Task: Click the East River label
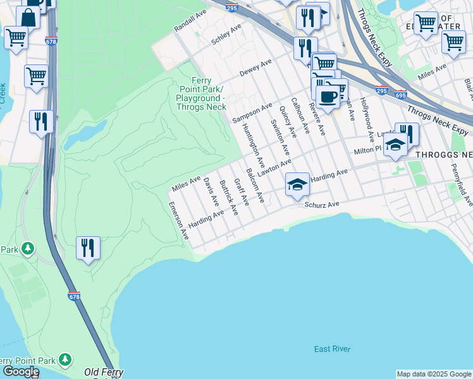click(x=332, y=349)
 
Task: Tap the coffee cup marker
click(x=327, y=97)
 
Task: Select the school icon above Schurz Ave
click(x=297, y=184)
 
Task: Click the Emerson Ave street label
click(x=179, y=220)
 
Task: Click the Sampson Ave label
click(x=252, y=112)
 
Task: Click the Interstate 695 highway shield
click(x=400, y=95)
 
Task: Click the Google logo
click(x=20, y=371)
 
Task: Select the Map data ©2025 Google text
click(x=434, y=374)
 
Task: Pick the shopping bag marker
click(x=28, y=17)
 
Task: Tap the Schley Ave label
click(x=226, y=35)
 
